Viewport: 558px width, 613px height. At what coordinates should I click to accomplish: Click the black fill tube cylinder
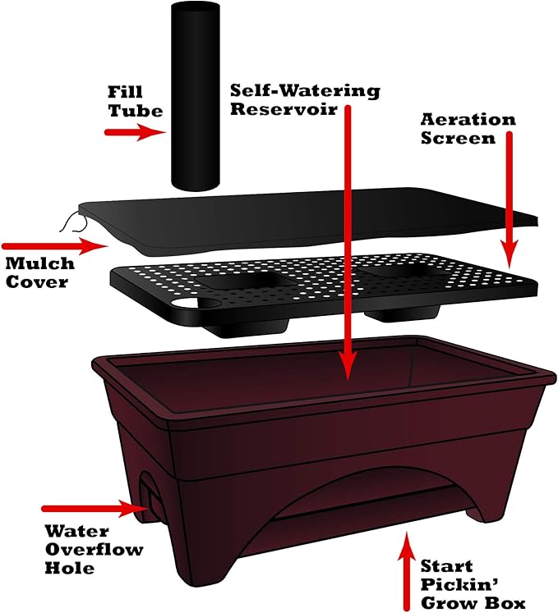pos(195,97)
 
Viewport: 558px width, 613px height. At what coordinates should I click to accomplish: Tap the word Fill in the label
pos(125,92)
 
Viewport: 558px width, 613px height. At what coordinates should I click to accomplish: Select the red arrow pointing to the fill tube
pos(136,132)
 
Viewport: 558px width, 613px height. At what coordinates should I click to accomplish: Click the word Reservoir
pos(284,109)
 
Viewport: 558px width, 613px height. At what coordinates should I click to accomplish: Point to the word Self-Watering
pos(305,91)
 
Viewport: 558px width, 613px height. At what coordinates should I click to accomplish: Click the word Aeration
pos(468,120)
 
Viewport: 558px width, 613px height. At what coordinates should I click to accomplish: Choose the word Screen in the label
pos(458,139)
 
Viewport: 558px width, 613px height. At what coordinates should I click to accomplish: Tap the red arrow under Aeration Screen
pos(509,199)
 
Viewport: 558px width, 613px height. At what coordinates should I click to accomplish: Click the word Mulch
pos(40,263)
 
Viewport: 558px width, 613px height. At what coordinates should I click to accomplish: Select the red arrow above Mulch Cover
pos(55,246)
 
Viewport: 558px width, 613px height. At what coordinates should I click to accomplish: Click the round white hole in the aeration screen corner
pos(185,303)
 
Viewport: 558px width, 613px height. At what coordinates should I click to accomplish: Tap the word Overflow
pos(94,549)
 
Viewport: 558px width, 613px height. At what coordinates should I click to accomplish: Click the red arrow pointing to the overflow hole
pos(95,508)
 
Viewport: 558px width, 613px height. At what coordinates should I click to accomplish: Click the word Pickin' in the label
pos(459,585)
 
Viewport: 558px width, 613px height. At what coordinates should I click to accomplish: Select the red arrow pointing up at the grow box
pos(407,570)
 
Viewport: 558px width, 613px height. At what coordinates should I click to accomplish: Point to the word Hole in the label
pos(70,568)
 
